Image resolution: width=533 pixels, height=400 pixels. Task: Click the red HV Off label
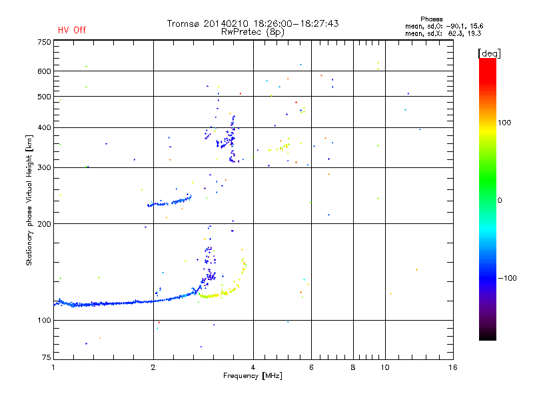[72, 31]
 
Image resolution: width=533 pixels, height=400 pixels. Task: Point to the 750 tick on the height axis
[44, 42]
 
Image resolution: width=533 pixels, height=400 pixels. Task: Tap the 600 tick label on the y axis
[44, 71]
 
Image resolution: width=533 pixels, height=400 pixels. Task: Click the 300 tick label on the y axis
[44, 167]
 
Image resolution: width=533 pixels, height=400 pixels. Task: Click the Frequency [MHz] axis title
[253, 377]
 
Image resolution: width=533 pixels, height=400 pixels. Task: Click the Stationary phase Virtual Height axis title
[29, 200]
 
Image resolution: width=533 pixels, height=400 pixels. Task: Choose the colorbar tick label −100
[508, 278]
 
